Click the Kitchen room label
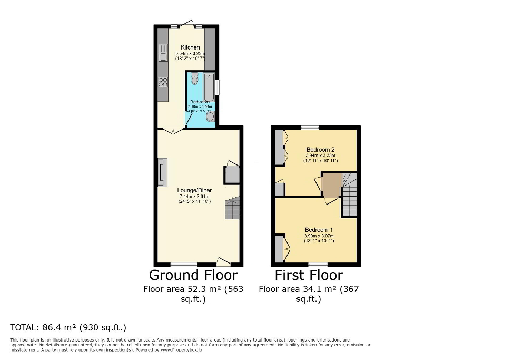click(x=190, y=47)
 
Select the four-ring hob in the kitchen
click(x=163, y=82)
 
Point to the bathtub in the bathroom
click(x=209, y=86)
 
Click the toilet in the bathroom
click(x=194, y=79)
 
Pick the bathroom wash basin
click(x=210, y=117)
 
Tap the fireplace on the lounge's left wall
click(x=162, y=172)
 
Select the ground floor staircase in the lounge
click(x=232, y=209)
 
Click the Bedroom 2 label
click(x=321, y=149)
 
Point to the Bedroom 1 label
click(x=319, y=230)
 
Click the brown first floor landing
click(x=332, y=186)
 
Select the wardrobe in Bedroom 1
click(x=279, y=248)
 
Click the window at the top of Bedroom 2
click(x=310, y=128)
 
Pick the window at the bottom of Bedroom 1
click(x=318, y=264)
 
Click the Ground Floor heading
click(x=193, y=275)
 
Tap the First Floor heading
click(x=309, y=275)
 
